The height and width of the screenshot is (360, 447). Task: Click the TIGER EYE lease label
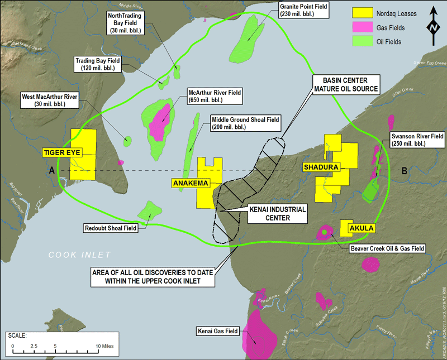62,152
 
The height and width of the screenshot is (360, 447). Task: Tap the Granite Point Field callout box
303,9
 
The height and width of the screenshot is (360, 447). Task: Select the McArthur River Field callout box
215,97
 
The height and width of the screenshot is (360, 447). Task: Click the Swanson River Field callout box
417,140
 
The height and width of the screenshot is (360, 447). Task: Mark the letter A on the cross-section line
52,170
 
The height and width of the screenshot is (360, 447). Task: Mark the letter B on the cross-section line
404,170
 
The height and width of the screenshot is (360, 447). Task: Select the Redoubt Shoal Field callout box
110,228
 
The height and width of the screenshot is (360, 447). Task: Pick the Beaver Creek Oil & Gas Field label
387,248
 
